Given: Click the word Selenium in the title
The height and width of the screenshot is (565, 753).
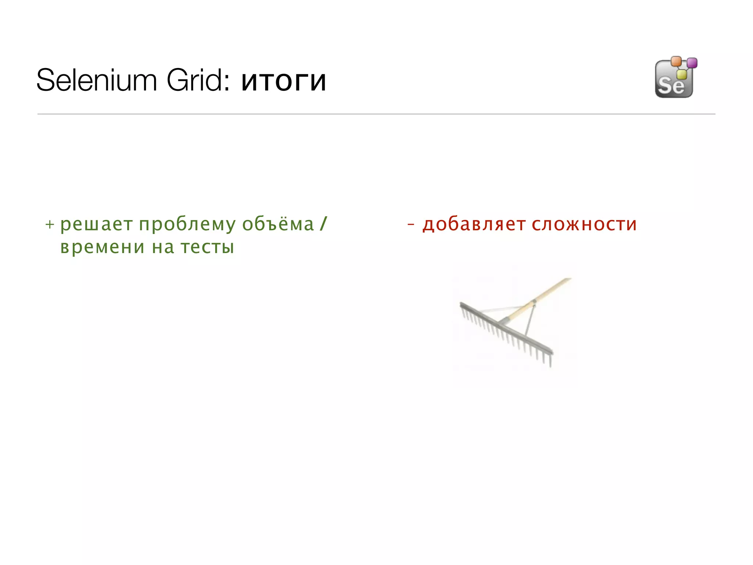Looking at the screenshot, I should click(x=97, y=81).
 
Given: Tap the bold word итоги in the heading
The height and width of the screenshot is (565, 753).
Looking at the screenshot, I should click(x=283, y=81).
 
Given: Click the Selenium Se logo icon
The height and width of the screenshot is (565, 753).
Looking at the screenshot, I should click(x=674, y=80).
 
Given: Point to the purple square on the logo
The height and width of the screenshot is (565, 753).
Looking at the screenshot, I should click(x=692, y=63).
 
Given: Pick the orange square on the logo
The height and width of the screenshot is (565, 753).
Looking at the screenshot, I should click(x=676, y=61).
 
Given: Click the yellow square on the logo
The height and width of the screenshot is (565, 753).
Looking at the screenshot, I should click(x=682, y=74).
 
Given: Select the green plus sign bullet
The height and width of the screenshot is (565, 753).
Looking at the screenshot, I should click(x=50, y=224).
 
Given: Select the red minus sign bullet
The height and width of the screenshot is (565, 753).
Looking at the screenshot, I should click(x=411, y=224).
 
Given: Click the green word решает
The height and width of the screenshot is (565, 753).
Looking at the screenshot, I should click(x=96, y=224).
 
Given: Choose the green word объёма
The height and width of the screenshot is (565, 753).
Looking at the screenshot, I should click(x=278, y=224).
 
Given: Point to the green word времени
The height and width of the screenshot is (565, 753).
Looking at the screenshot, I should click(x=102, y=247).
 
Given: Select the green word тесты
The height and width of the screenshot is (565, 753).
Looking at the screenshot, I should click(x=207, y=247).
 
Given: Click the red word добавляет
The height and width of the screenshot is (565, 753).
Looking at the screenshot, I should click(x=474, y=224).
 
